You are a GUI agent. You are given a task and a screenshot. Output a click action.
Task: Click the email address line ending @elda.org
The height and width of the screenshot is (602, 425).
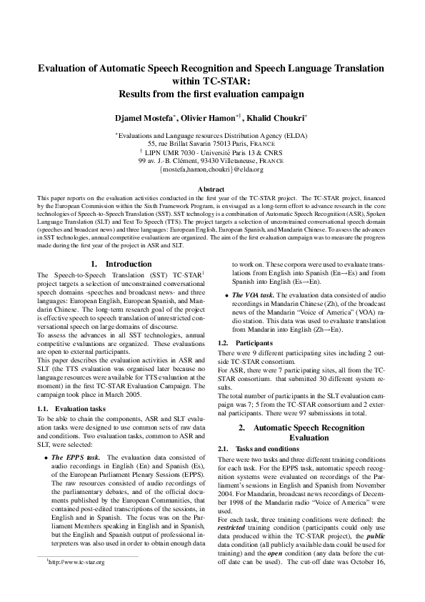click(x=212, y=172)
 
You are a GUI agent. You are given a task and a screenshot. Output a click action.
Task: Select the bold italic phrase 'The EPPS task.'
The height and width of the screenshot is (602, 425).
click(x=77, y=436)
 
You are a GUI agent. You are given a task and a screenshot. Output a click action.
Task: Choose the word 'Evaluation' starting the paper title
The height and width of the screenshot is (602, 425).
click(x=67, y=67)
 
